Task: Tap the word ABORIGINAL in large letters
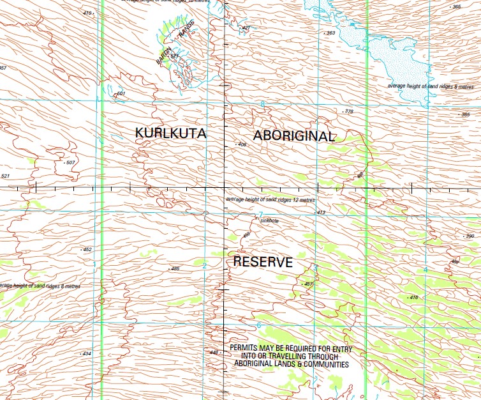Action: coord(293,136)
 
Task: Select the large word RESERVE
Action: coord(263,262)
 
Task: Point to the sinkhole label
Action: coord(269,220)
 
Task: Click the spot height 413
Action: coord(321,212)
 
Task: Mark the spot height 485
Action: coord(175,268)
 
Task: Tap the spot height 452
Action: coord(87,249)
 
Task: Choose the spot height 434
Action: coord(87,353)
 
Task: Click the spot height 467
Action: coord(309,284)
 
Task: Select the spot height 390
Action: coord(470,236)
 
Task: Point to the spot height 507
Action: coord(70,163)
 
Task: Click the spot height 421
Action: coord(246,28)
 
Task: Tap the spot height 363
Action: coord(330,33)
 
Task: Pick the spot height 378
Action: coord(348,112)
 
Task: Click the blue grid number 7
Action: coord(260,215)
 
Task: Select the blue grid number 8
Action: coord(262,104)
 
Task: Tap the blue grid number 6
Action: coord(259,325)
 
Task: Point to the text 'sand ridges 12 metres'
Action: coord(285,200)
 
